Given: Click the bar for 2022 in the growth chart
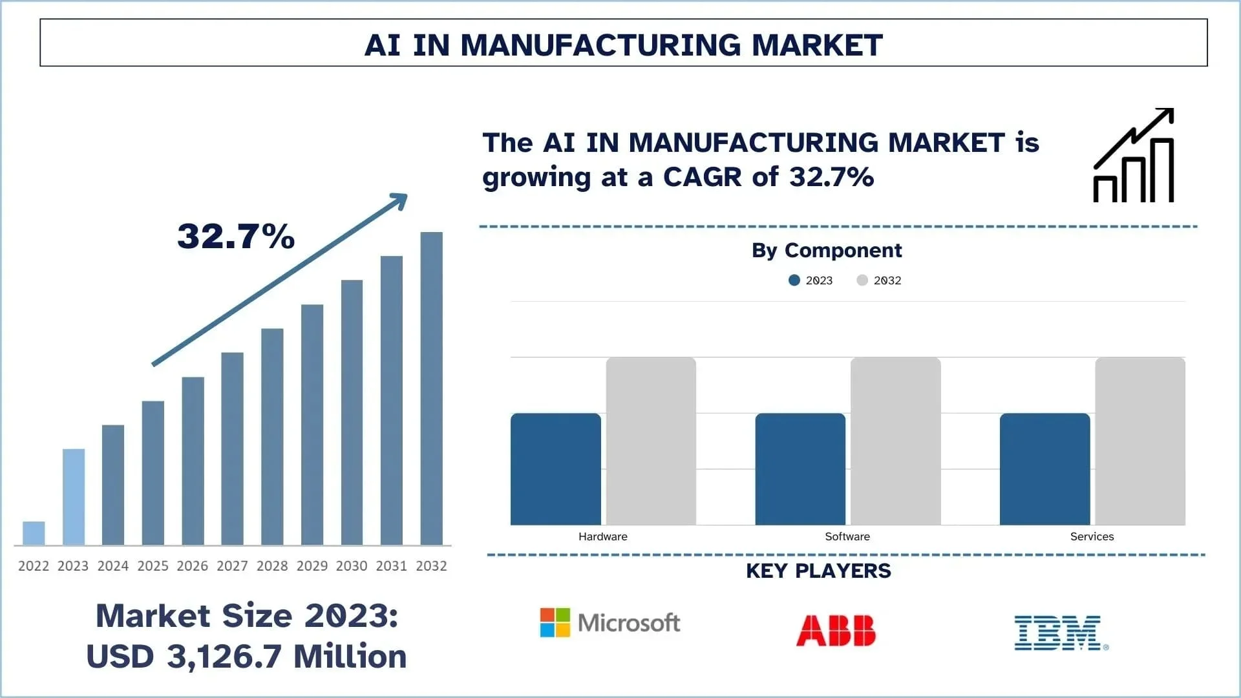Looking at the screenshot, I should pos(34,533).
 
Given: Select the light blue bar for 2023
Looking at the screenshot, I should pos(73,496).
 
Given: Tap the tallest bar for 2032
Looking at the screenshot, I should pos(431,388).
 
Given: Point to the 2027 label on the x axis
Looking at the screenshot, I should pos(232,566).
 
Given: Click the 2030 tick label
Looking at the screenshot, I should pos(352,566).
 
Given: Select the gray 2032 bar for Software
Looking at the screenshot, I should pos(895,441).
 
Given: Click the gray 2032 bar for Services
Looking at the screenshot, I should pos(1140,441).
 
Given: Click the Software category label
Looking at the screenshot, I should pos(847,536).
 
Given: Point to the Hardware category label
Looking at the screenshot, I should pos(602,536).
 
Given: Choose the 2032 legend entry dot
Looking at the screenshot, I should pos(862,280).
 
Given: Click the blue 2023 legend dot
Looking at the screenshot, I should pos(794,280).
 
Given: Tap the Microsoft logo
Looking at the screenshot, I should pos(610,623).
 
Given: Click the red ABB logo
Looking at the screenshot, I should pos(836,631).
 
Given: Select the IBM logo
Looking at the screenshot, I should pos(1061,632).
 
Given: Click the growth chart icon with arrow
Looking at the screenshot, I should pos(1134,156).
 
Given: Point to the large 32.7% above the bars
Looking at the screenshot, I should pos(236,236).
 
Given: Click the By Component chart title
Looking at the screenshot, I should pos(826,250).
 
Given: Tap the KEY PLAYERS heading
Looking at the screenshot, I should pos(818,571).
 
